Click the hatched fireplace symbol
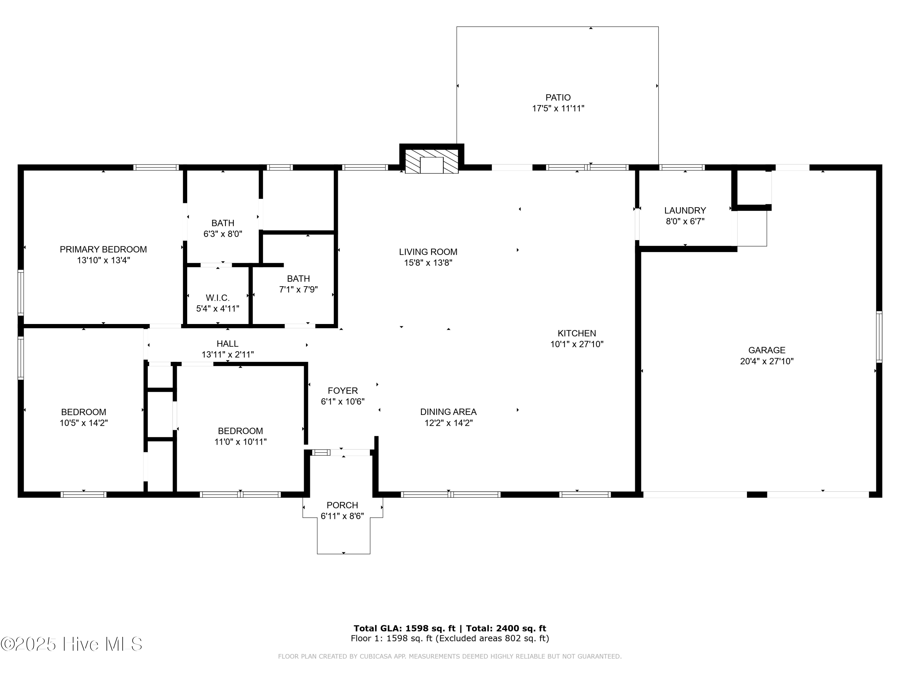coord(432,161)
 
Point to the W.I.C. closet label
coord(218,298)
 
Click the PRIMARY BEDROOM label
coord(103,249)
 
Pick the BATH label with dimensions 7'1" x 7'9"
coord(298,279)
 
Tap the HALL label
coord(227,344)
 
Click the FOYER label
coord(343,391)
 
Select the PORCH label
coord(342,505)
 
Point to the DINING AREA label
coord(448,412)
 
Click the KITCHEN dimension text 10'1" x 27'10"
coord(577,344)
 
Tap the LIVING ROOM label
coord(428,252)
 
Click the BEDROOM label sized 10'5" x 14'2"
coord(83,412)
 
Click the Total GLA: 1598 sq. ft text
coord(404,628)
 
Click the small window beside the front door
coord(321,452)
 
